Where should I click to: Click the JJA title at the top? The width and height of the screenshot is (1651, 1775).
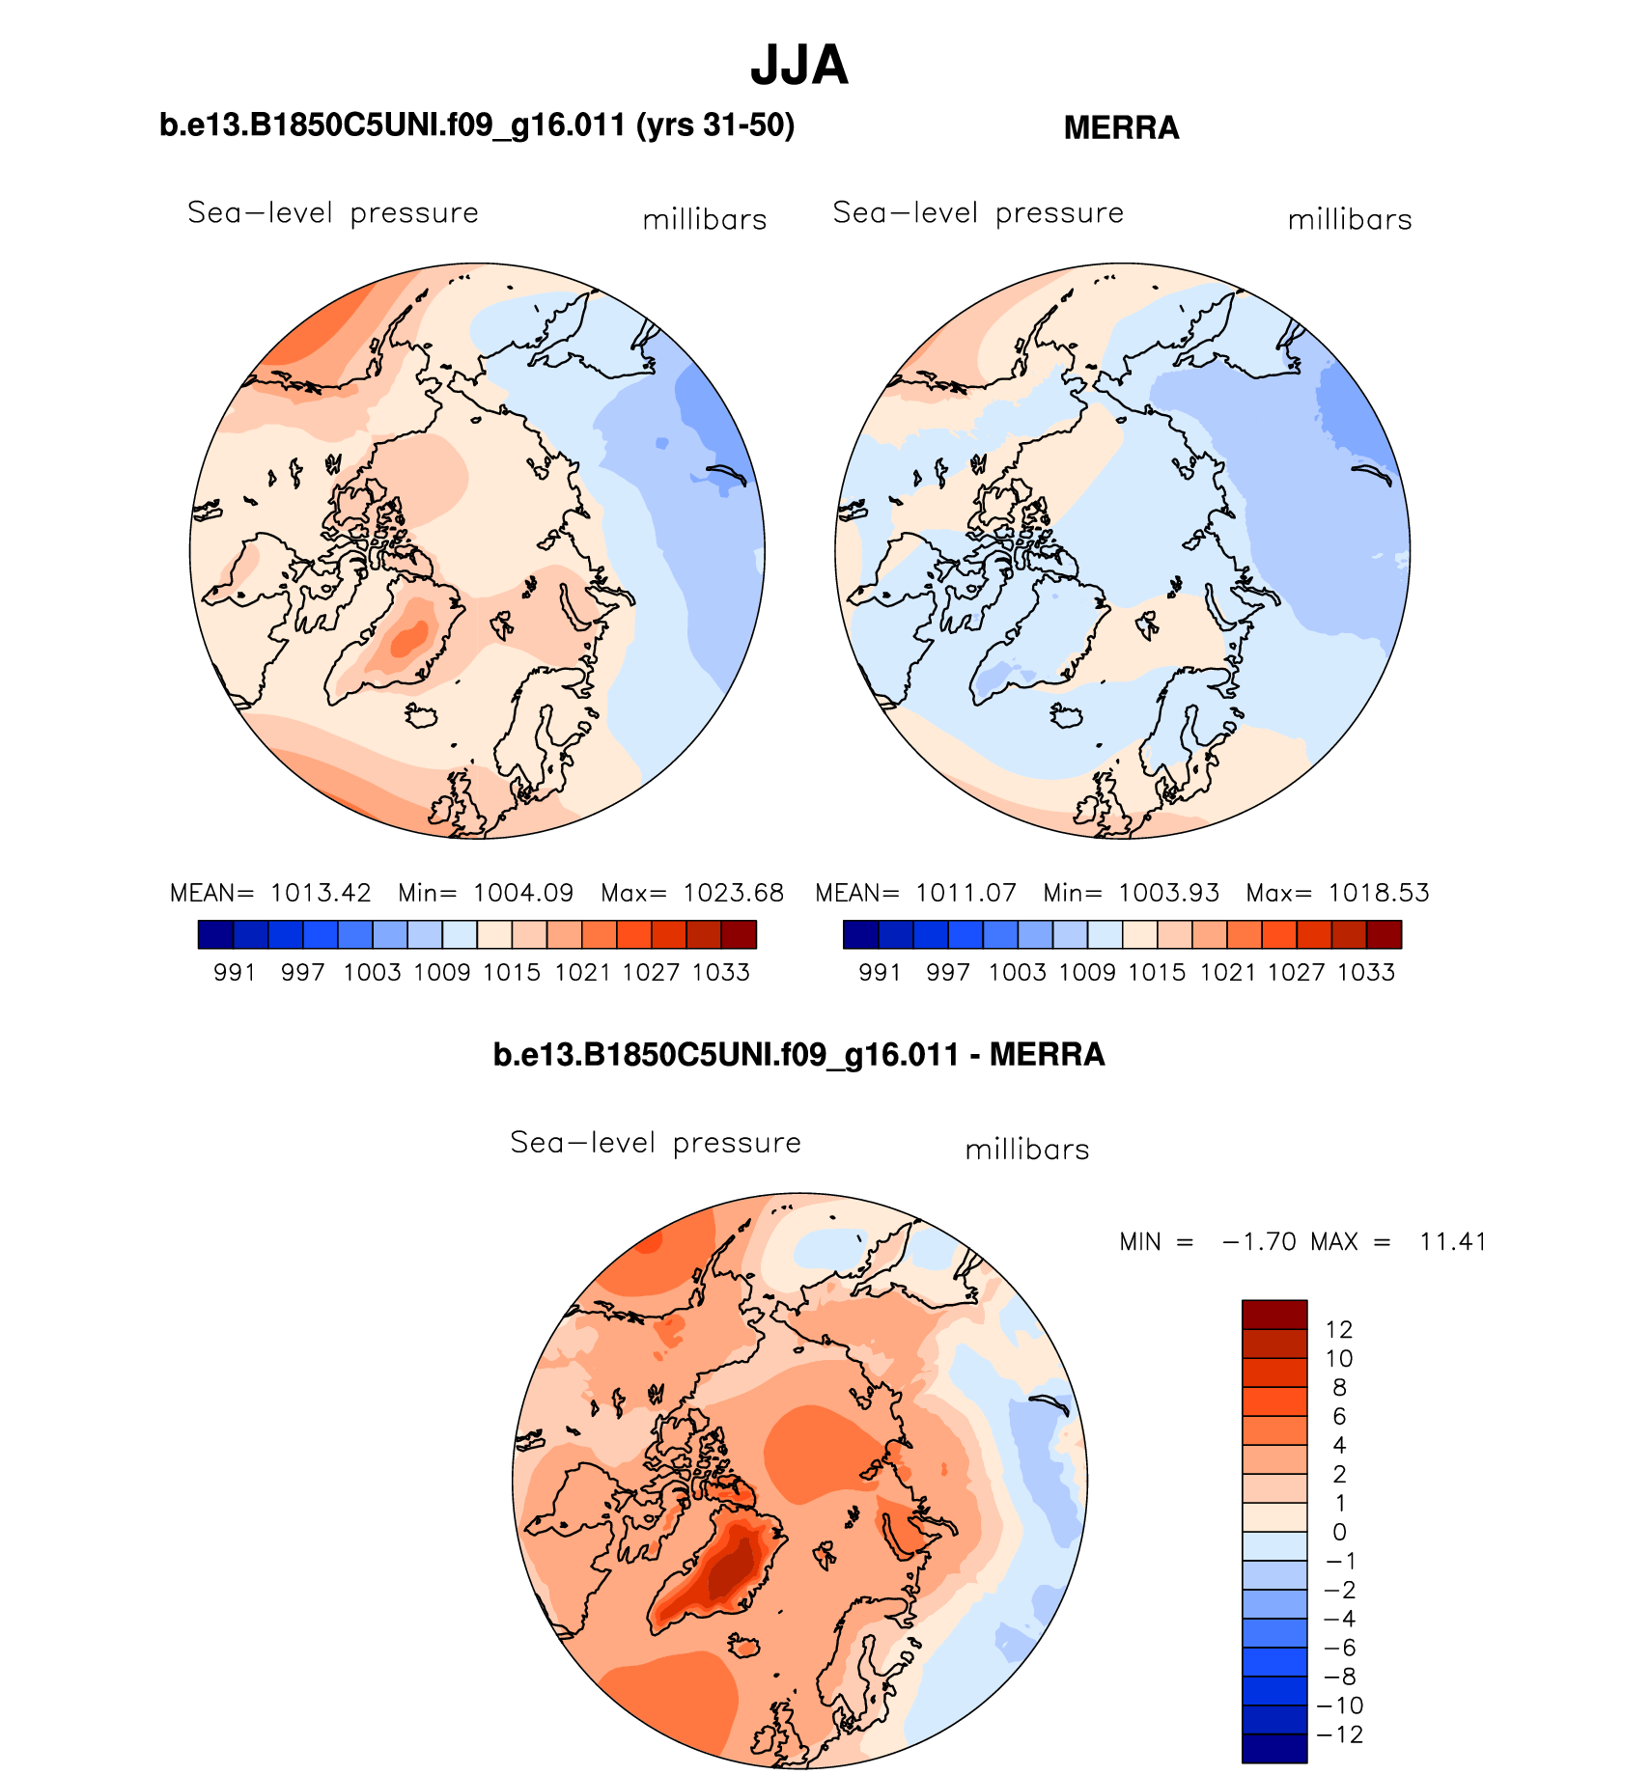(x=798, y=66)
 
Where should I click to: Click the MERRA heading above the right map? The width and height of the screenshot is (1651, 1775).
(x=1121, y=128)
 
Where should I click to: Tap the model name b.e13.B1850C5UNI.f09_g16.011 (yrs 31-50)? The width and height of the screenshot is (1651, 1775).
(x=477, y=125)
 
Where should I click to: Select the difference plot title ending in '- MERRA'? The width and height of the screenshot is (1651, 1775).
(x=798, y=1054)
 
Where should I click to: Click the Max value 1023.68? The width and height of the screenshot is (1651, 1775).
(x=733, y=893)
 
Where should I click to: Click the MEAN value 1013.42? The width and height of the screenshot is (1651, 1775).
(x=321, y=893)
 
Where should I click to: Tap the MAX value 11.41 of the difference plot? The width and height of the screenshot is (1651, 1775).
(x=1452, y=1241)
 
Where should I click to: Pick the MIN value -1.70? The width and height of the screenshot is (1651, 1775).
(x=1259, y=1241)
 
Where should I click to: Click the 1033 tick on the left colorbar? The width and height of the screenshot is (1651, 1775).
(x=721, y=972)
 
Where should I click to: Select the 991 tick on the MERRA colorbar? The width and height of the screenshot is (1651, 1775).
(x=880, y=972)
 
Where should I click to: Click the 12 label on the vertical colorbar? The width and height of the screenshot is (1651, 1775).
(x=1339, y=1329)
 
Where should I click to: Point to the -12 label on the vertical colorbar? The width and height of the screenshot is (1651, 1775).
(x=1339, y=1734)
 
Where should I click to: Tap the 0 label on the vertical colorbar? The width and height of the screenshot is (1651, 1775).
(x=1339, y=1532)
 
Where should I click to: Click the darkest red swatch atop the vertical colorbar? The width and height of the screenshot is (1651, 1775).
(x=1274, y=1315)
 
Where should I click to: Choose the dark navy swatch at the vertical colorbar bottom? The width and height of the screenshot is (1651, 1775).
(x=1274, y=1749)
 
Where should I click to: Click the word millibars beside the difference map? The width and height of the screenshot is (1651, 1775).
(x=1027, y=1150)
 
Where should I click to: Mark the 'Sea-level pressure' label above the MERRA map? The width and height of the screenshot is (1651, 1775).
(x=978, y=212)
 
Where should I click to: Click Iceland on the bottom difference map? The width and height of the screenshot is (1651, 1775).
(x=743, y=1646)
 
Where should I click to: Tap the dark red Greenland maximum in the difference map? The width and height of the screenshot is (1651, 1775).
(x=726, y=1575)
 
